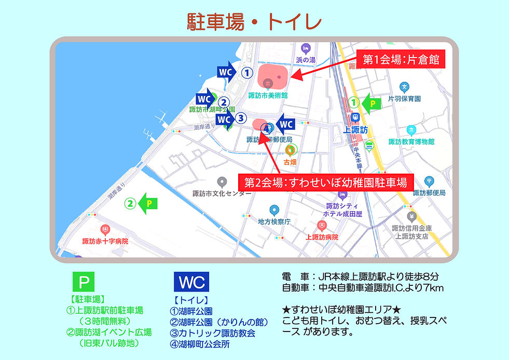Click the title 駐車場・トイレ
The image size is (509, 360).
point(254,22)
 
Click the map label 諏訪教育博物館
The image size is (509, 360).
point(411,142)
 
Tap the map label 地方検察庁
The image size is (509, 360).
point(274,221)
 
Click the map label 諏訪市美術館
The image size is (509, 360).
point(268,95)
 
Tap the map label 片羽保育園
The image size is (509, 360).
point(404,98)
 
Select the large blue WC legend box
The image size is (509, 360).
point(192,282)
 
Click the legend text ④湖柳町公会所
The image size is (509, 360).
point(200,343)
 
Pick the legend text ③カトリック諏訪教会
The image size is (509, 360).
point(213,333)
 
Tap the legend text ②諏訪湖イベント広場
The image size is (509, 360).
point(109,332)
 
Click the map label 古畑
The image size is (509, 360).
point(290,162)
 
